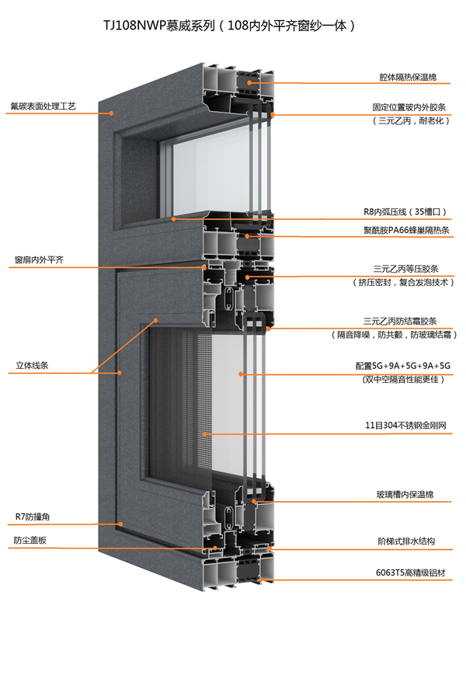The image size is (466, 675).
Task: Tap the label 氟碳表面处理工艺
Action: pos(43,105)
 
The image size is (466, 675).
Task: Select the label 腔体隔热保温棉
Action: pos(402,78)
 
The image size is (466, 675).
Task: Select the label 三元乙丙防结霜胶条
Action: pos(406,320)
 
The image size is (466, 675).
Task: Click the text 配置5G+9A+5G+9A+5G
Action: pos(402,366)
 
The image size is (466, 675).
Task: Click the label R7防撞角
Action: pos(33,516)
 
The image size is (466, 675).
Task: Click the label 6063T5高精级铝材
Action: pos(406,573)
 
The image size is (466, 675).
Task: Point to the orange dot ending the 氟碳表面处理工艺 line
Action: pos(112,113)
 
